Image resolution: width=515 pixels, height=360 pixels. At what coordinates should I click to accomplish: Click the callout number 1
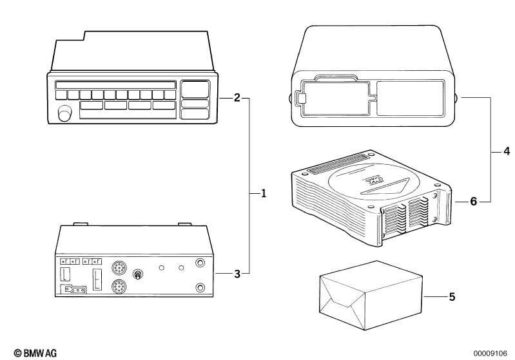pyautogui.click(x=263, y=193)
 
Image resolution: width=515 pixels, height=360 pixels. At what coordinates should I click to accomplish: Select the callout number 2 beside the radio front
pyautogui.click(x=237, y=98)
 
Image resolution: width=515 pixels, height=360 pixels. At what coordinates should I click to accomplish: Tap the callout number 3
pyautogui.click(x=237, y=274)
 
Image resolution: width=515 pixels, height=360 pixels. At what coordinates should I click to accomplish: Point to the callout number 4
pyautogui.click(x=507, y=151)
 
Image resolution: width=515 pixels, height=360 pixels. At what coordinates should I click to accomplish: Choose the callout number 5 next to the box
pyautogui.click(x=452, y=297)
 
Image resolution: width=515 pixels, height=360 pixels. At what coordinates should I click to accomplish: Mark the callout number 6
pyautogui.click(x=473, y=201)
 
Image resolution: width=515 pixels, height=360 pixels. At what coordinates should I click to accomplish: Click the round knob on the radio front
pyautogui.click(x=64, y=113)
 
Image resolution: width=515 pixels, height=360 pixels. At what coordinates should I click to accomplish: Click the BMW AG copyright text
pyautogui.click(x=35, y=353)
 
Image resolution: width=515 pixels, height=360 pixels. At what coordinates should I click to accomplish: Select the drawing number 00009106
pyautogui.click(x=490, y=354)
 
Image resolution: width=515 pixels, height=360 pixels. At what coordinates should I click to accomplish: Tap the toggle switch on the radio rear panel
pyautogui.click(x=138, y=274)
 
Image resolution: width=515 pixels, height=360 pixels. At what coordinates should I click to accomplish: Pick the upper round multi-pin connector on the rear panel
pyautogui.click(x=119, y=268)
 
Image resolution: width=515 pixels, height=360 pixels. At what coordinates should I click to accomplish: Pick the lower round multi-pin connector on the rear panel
pyautogui.click(x=119, y=287)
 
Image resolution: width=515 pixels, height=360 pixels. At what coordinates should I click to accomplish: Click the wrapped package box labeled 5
pyautogui.click(x=371, y=296)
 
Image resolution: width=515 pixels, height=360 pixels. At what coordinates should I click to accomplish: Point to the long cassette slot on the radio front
pyautogui.click(x=115, y=85)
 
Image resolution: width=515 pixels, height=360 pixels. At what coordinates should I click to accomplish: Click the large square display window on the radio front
pyautogui.click(x=195, y=89)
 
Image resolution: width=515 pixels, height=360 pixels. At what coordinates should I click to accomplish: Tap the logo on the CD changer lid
pyautogui.click(x=374, y=181)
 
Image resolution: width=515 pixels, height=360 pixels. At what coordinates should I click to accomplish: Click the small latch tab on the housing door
pyautogui.click(x=302, y=98)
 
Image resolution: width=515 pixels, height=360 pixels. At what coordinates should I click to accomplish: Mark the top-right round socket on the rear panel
pyautogui.click(x=200, y=263)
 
